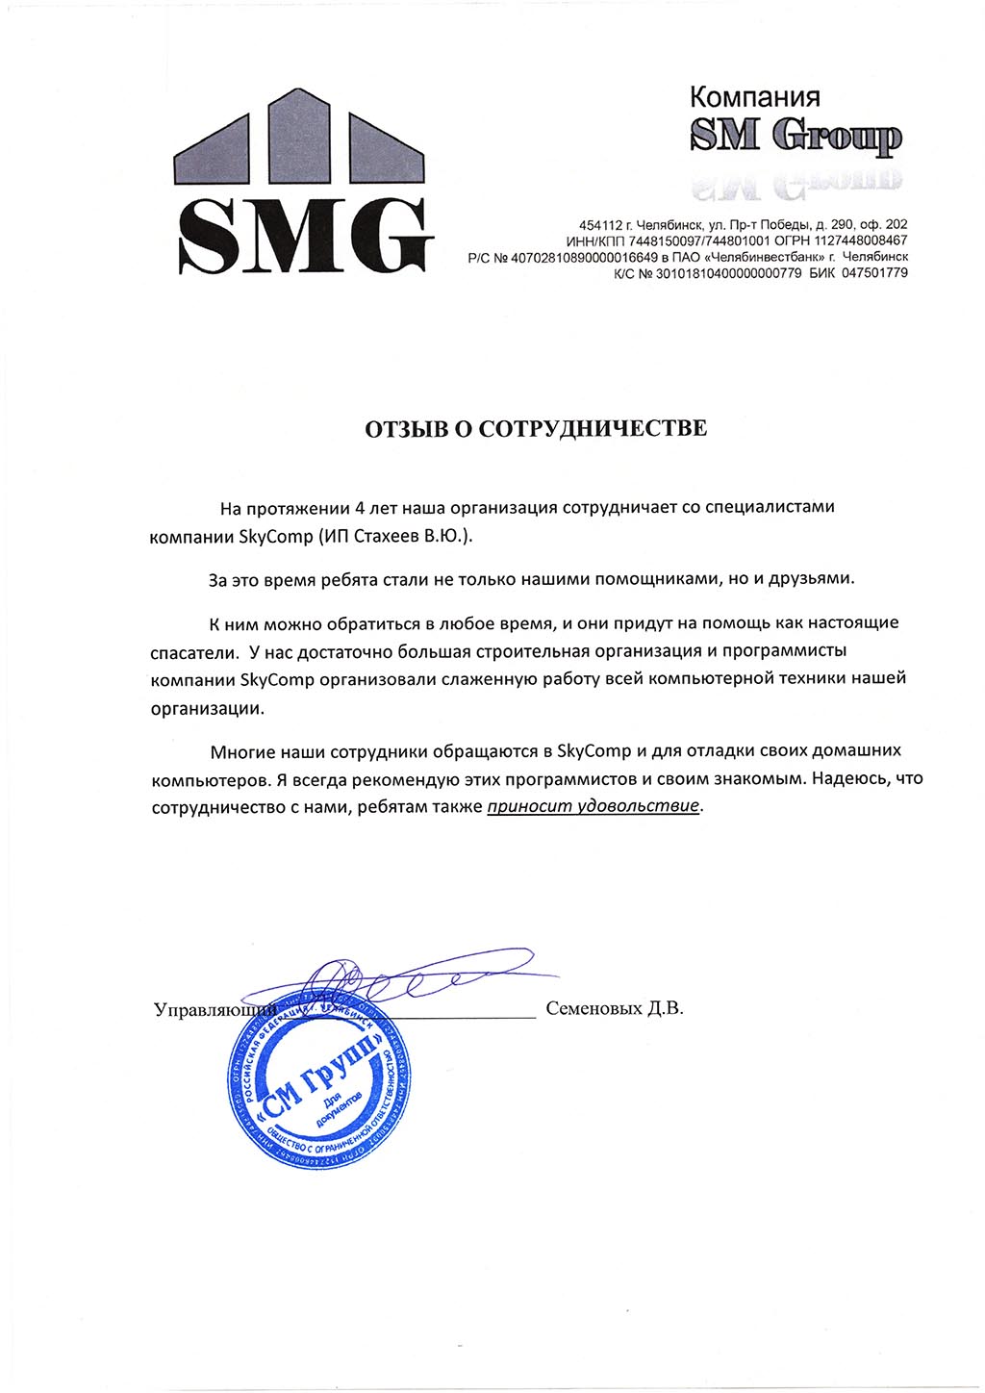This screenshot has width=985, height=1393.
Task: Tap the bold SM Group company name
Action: point(796,138)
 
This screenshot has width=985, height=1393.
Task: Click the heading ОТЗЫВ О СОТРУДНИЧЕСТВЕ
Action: point(535,428)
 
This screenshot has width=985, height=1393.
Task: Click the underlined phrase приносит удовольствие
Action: point(594,806)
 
